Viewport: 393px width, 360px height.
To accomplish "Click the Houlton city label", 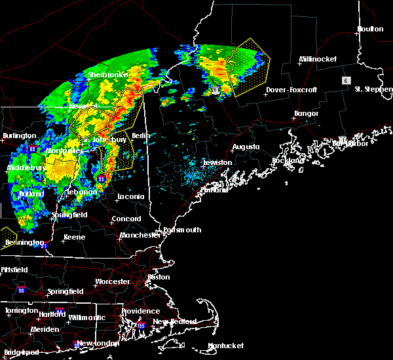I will pyautogui.click(x=370, y=29).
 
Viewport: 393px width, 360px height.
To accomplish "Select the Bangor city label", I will pyautogui.click(x=307, y=114).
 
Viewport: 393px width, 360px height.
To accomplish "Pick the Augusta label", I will pyautogui.click(x=246, y=147).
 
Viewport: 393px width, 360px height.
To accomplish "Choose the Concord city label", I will pyautogui.click(x=126, y=219).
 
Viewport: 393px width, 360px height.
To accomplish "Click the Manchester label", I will pyautogui.click(x=139, y=235).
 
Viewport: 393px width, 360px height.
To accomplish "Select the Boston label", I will pyautogui.click(x=159, y=277).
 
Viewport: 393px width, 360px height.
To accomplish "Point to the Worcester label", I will pyautogui.click(x=113, y=282).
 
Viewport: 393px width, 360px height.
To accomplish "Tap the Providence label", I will pyautogui.click(x=140, y=311).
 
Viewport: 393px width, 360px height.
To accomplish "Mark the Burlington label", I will pyautogui.click(x=19, y=135).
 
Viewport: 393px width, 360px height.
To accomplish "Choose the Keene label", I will pyautogui.click(x=74, y=237).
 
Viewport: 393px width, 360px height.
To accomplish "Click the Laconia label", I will pyautogui.click(x=130, y=196).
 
